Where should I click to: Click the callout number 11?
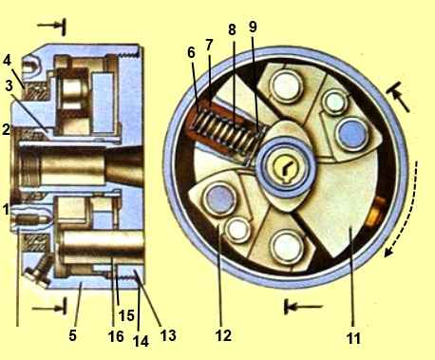(x=354, y=338)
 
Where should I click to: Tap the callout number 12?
(x=223, y=334)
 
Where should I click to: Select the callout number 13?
(x=168, y=334)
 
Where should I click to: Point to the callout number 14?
(x=141, y=341)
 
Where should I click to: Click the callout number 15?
(x=126, y=315)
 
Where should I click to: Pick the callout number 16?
(x=116, y=336)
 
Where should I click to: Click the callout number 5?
(x=72, y=335)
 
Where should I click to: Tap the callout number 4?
(x=7, y=60)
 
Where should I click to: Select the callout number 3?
(x=9, y=85)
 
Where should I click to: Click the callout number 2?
(x=6, y=129)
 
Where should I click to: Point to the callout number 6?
(x=191, y=52)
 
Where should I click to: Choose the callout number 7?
(x=209, y=45)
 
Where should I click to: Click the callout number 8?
(x=232, y=29)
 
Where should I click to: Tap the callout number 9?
(x=253, y=28)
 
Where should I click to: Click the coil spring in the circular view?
(x=227, y=132)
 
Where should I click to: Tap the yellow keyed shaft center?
(x=286, y=167)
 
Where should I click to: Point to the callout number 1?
(x=5, y=210)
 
